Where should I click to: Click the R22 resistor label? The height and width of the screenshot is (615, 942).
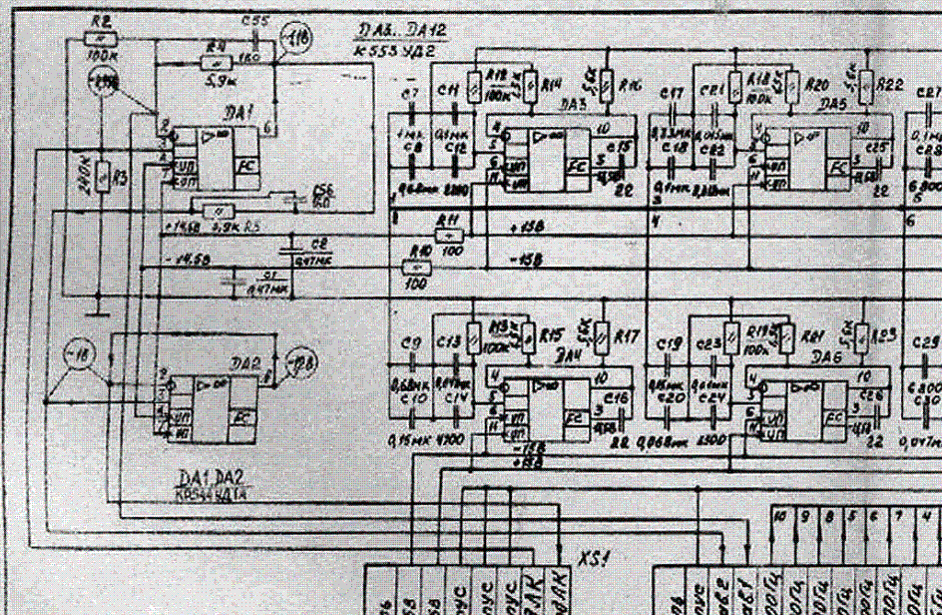(x=890, y=87)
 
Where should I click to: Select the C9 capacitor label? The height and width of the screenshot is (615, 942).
(x=408, y=343)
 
